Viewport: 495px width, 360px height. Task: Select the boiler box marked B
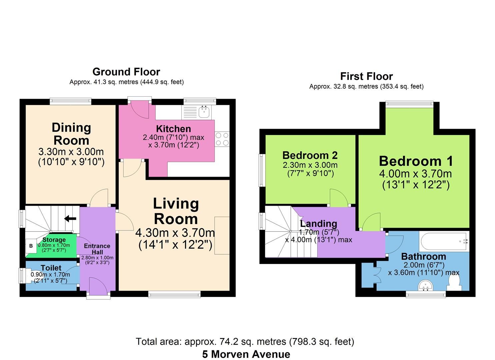(x=31, y=246)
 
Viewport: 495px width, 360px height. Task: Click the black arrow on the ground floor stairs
(x=70, y=219)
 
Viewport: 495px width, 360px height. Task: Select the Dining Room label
(x=71, y=134)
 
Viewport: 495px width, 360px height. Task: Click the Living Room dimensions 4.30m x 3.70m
(x=175, y=232)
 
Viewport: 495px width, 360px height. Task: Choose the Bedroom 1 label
(x=416, y=161)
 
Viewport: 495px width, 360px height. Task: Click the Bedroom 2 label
(x=310, y=155)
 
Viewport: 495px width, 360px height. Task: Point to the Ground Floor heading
(x=126, y=72)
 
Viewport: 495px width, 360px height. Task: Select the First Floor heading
(x=366, y=76)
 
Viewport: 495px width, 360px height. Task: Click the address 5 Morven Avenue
(x=246, y=354)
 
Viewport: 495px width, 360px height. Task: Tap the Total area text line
(x=245, y=341)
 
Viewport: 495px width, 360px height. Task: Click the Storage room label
(x=54, y=240)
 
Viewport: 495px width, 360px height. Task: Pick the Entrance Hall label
(x=97, y=249)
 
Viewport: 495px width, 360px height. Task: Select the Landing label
(x=318, y=223)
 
